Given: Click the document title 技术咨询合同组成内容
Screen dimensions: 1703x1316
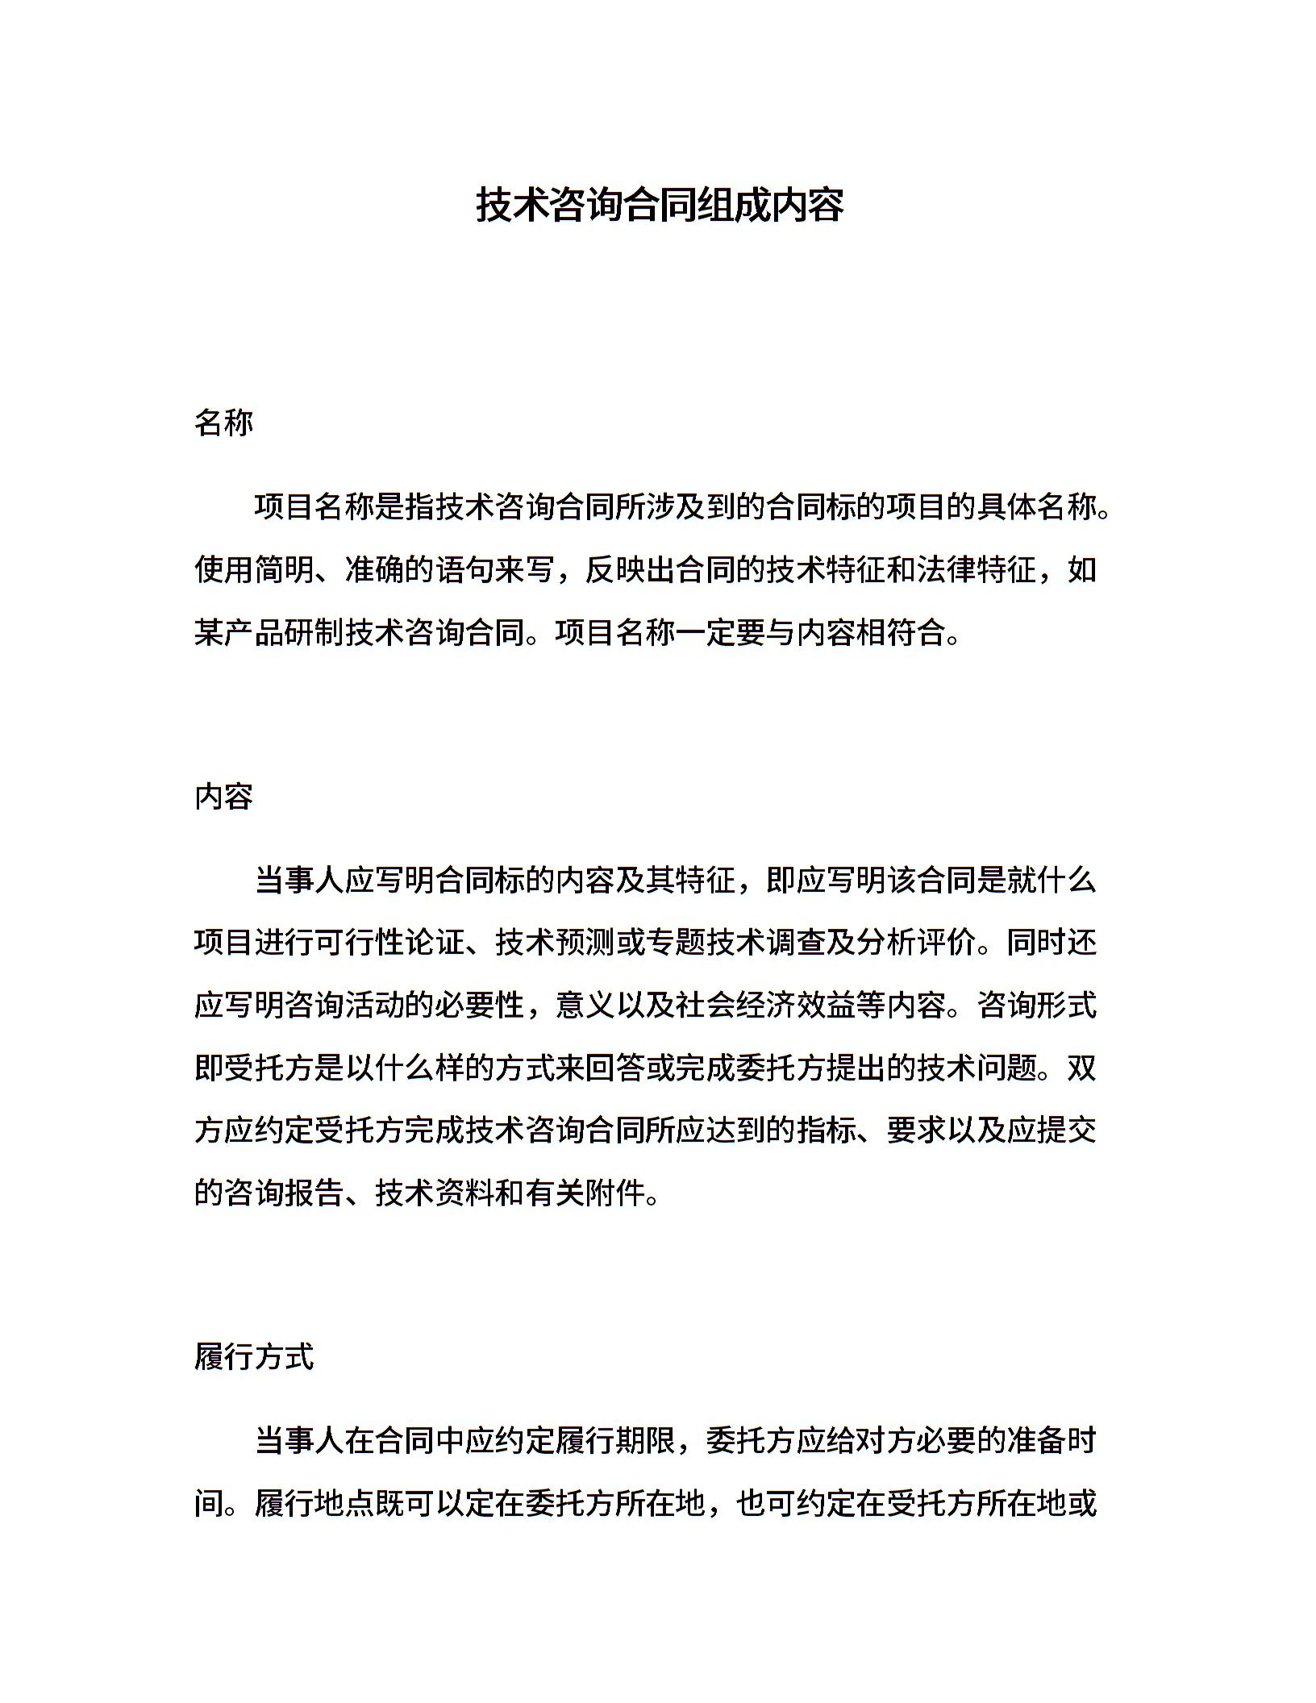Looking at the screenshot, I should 659,205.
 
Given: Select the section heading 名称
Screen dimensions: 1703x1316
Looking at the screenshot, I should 223,423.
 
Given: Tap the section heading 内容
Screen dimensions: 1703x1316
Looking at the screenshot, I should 223,796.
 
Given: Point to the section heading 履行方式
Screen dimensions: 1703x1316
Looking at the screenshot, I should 253,1356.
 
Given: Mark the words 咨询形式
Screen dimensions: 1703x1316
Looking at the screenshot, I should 1036,1005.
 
